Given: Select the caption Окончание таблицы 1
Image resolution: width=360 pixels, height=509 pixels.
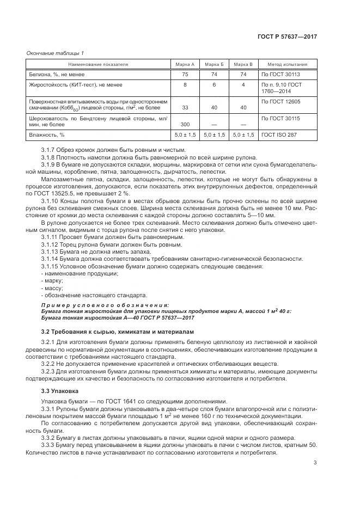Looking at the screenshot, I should click(x=55, y=53).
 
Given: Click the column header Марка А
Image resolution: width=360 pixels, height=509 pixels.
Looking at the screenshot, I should click(x=185, y=64).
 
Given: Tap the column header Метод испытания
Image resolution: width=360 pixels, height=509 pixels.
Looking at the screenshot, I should click(x=286, y=64).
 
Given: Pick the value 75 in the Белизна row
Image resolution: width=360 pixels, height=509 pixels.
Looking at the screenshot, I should click(x=185, y=75).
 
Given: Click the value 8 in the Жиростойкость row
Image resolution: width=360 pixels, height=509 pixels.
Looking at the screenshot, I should click(x=185, y=85).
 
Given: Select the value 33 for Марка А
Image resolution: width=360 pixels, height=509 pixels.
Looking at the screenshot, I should click(x=185, y=108).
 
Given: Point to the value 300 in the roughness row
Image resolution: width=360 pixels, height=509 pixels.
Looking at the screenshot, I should click(x=185, y=125).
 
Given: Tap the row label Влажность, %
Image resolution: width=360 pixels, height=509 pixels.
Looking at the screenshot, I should click(x=46, y=134).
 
